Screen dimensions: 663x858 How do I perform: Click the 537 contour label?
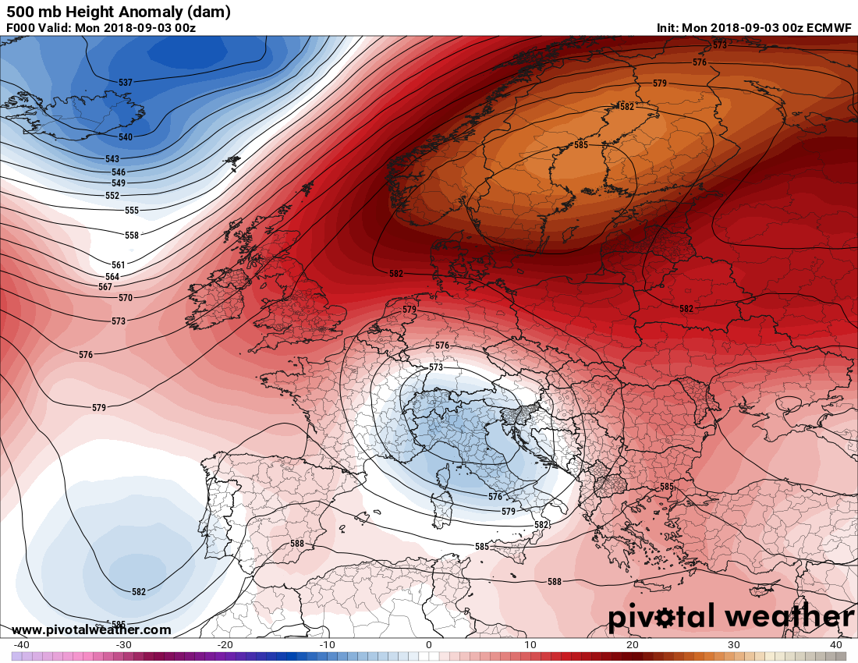tap(126, 82)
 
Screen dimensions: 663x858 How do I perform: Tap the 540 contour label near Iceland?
tap(126, 137)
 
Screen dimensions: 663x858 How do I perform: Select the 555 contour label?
tap(132, 211)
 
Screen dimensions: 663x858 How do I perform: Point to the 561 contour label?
tap(119, 265)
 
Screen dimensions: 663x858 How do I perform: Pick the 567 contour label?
tap(106, 286)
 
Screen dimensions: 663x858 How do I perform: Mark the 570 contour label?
tap(126, 298)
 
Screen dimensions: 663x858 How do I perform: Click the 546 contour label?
tap(119, 172)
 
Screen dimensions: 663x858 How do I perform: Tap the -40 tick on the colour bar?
tap(21, 645)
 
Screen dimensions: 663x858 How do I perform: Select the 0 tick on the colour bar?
tap(428, 645)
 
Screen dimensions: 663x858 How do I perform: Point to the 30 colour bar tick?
tap(733, 645)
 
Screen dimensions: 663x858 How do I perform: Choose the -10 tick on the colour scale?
tap(327, 645)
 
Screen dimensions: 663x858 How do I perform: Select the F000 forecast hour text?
tap(21, 28)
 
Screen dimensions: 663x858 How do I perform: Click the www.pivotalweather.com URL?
tap(91, 629)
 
